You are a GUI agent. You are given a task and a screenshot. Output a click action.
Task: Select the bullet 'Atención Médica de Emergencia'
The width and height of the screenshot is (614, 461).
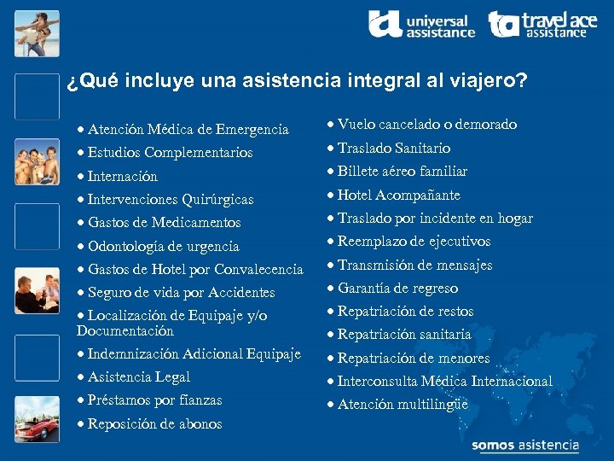tap(188, 130)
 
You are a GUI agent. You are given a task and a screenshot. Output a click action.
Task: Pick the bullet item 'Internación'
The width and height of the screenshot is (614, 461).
tap(122, 177)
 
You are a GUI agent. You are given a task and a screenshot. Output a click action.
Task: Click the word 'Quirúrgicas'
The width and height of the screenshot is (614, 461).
tap(217, 200)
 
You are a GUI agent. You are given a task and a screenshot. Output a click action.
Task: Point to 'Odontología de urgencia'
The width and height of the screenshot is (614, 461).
tap(163, 247)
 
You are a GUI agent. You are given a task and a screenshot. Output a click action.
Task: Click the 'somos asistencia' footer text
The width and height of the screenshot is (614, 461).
tap(524, 446)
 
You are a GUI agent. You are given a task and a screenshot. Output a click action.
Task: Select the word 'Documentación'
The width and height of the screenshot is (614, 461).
tap(125, 330)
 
